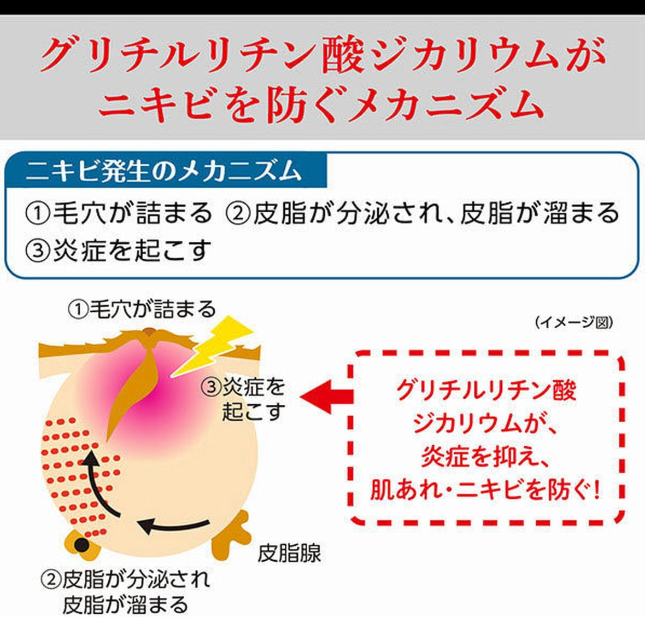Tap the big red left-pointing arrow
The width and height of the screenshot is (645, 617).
[x=327, y=397]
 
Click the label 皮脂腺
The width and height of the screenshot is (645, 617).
[x=289, y=553]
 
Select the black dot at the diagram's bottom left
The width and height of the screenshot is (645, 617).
[x=81, y=545]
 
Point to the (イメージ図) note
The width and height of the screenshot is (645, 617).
[x=574, y=322]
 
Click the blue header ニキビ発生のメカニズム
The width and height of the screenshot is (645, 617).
[x=163, y=171]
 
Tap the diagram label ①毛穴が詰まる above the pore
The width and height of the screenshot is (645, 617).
[x=142, y=310]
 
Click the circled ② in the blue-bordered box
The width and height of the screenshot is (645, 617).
[x=238, y=214]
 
